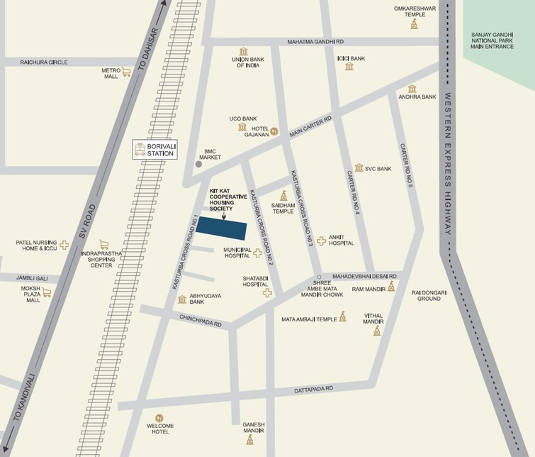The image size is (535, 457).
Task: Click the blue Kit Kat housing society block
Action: [x=222, y=228]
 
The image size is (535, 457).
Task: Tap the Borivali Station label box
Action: [x=157, y=150]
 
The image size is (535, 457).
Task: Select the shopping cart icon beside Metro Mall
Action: [x=127, y=72]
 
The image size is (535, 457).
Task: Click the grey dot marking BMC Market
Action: [x=198, y=164]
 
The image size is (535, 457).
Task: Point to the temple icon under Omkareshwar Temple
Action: [x=414, y=25]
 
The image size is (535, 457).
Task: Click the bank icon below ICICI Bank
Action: [x=349, y=67]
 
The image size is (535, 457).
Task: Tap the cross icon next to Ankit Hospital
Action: [x=321, y=241]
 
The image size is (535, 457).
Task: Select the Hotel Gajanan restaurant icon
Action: [x=274, y=131]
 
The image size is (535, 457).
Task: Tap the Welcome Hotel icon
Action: [x=159, y=417]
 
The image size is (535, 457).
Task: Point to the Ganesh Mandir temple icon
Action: [x=249, y=440]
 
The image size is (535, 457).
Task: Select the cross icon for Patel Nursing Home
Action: [x=64, y=246]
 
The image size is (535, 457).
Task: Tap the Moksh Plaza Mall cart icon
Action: [x=47, y=292]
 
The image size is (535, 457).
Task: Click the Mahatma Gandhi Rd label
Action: [x=315, y=43]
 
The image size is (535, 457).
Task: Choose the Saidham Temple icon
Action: [x=284, y=195]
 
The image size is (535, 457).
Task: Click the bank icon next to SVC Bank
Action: [x=359, y=168]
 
